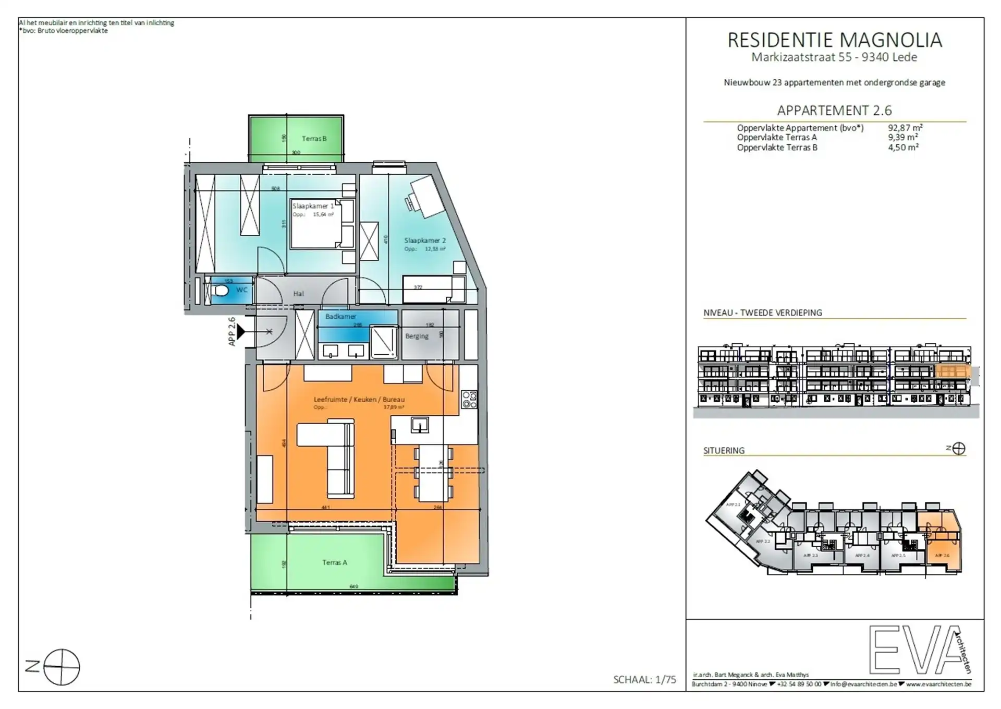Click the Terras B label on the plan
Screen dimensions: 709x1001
point(314,139)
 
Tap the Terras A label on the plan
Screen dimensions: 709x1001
point(334,562)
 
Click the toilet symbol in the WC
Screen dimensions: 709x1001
point(221,290)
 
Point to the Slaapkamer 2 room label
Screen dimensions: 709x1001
point(425,241)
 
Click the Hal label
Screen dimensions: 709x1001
point(298,294)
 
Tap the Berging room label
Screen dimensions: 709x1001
point(417,336)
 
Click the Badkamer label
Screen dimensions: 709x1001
point(340,317)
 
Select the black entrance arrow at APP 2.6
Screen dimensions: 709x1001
point(241,331)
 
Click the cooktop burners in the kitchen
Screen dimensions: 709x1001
point(469,400)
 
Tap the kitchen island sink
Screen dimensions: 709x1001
point(420,425)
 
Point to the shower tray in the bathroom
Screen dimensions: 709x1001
point(384,341)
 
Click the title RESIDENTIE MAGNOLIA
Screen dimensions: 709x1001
point(834,40)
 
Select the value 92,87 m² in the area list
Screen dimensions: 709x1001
point(905,128)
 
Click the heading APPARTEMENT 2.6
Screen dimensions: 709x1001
point(834,111)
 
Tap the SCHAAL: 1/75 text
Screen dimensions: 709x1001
point(644,679)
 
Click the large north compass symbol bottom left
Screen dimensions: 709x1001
point(62,667)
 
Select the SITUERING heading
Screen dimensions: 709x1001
point(724,450)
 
